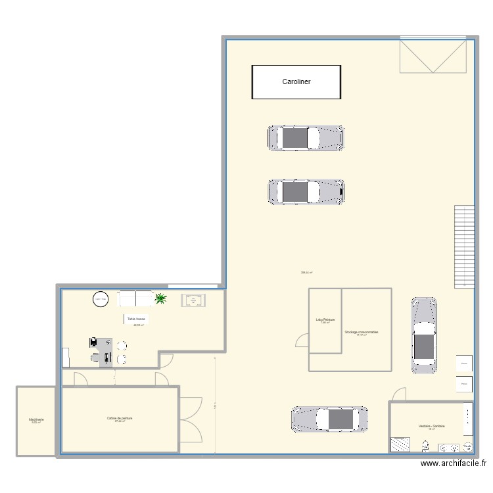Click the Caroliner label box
click(296, 82)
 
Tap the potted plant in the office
click(160, 300)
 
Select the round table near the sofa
click(101, 300)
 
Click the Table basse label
click(137, 319)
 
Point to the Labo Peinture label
click(325, 320)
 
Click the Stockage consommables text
click(361, 333)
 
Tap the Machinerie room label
click(35, 419)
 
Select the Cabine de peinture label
click(120, 419)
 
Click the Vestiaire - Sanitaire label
click(431, 427)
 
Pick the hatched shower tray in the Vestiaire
click(400, 444)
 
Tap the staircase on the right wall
click(464, 246)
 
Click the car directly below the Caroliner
click(305, 138)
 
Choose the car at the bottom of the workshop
click(330, 419)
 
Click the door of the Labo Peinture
click(302, 341)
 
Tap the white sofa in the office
click(135, 299)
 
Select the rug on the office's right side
click(193, 300)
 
